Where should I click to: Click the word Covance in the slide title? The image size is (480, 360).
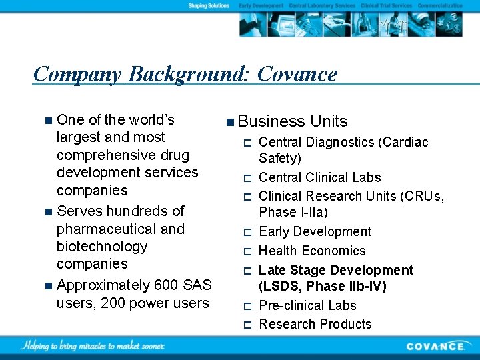[297, 74]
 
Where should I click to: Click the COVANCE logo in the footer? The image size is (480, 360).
[436, 346]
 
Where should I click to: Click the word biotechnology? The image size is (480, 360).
[102, 247]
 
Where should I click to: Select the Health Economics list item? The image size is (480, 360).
[312, 251]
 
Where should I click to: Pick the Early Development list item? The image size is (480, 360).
[315, 231]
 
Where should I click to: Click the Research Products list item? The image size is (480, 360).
[315, 324]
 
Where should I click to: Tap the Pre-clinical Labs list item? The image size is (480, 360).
[307, 305]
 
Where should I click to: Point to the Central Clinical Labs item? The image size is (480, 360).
[320, 177]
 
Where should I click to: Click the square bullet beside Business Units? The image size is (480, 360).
[229, 121]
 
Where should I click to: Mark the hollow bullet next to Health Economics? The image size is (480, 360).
[245, 251]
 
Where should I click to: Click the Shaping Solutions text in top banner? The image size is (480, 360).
[209, 5]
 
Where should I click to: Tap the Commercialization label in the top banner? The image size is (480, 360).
[440, 5]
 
